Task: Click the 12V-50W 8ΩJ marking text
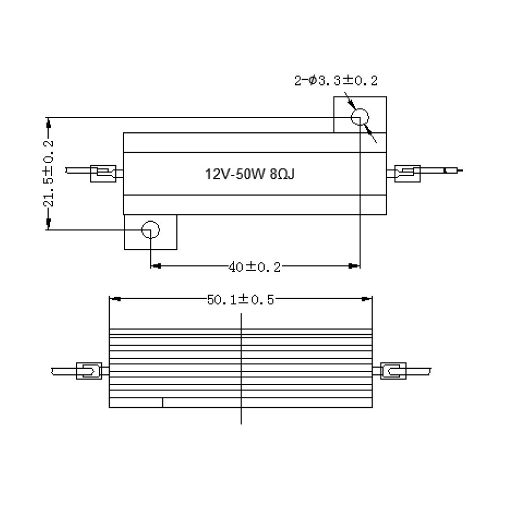click(249, 174)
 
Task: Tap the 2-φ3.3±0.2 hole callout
click(335, 81)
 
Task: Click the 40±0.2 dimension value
click(255, 266)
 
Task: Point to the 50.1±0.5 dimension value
click(240, 300)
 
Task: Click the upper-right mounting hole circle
click(360, 118)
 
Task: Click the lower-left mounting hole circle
click(150, 230)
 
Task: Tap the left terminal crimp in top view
click(105, 172)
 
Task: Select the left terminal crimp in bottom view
click(88, 372)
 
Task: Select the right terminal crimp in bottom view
click(393, 372)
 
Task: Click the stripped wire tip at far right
click(455, 170)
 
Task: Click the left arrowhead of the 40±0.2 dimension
click(157, 265)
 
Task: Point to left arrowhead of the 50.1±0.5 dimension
click(115, 299)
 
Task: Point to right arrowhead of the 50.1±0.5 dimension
click(367, 299)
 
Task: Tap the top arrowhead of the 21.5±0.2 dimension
click(49, 122)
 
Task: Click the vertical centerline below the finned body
click(241, 416)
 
